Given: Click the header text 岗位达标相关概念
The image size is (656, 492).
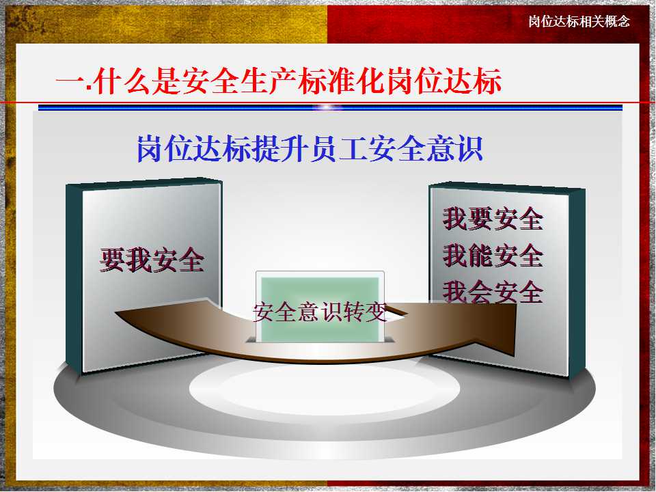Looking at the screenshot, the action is [x=579, y=21].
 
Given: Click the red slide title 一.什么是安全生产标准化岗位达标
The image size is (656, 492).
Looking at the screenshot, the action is [x=279, y=81].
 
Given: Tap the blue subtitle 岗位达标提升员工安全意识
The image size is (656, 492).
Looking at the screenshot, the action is [x=310, y=148].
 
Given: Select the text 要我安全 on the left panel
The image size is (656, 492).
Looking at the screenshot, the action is [x=152, y=260].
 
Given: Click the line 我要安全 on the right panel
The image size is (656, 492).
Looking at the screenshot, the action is [x=493, y=219].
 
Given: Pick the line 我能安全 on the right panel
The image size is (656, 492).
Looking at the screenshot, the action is [x=493, y=255].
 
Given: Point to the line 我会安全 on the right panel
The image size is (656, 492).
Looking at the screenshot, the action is [x=493, y=292].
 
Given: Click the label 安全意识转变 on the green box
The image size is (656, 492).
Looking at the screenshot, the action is [x=320, y=312].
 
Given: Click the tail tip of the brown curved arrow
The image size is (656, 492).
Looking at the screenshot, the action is [x=116, y=312].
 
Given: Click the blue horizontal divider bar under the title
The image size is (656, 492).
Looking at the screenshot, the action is [x=330, y=107].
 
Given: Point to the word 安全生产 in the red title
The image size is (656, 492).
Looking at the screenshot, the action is [x=239, y=81].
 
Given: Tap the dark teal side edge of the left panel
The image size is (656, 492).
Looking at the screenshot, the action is [x=74, y=279].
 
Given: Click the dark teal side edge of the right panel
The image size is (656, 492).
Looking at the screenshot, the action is [x=577, y=284].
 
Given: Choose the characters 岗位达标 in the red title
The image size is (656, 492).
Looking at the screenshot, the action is [x=444, y=81].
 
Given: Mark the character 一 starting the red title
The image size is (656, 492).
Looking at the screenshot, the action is [x=70, y=82].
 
